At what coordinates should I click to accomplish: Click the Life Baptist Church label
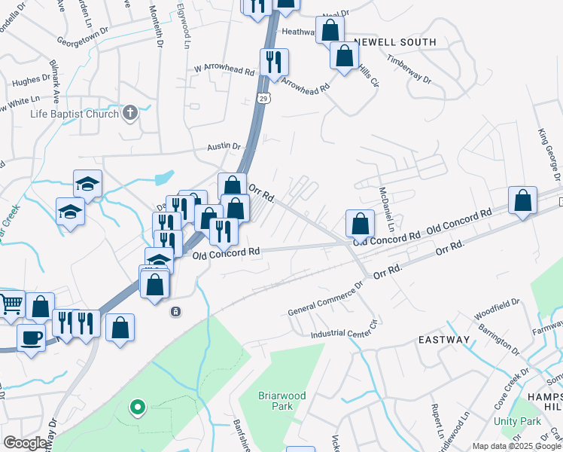(x=75, y=114)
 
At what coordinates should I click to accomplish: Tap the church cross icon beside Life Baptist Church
(x=129, y=114)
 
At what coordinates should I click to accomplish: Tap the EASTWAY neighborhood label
(x=444, y=340)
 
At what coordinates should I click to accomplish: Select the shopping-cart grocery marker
(x=12, y=304)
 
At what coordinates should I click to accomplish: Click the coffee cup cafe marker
(x=31, y=337)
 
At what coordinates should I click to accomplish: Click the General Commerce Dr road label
(x=326, y=299)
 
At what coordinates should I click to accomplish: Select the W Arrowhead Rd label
(x=224, y=69)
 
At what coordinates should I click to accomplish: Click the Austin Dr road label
(x=224, y=146)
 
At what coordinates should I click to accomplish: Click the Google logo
(x=25, y=443)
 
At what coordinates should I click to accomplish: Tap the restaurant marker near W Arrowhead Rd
(x=272, y=61)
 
